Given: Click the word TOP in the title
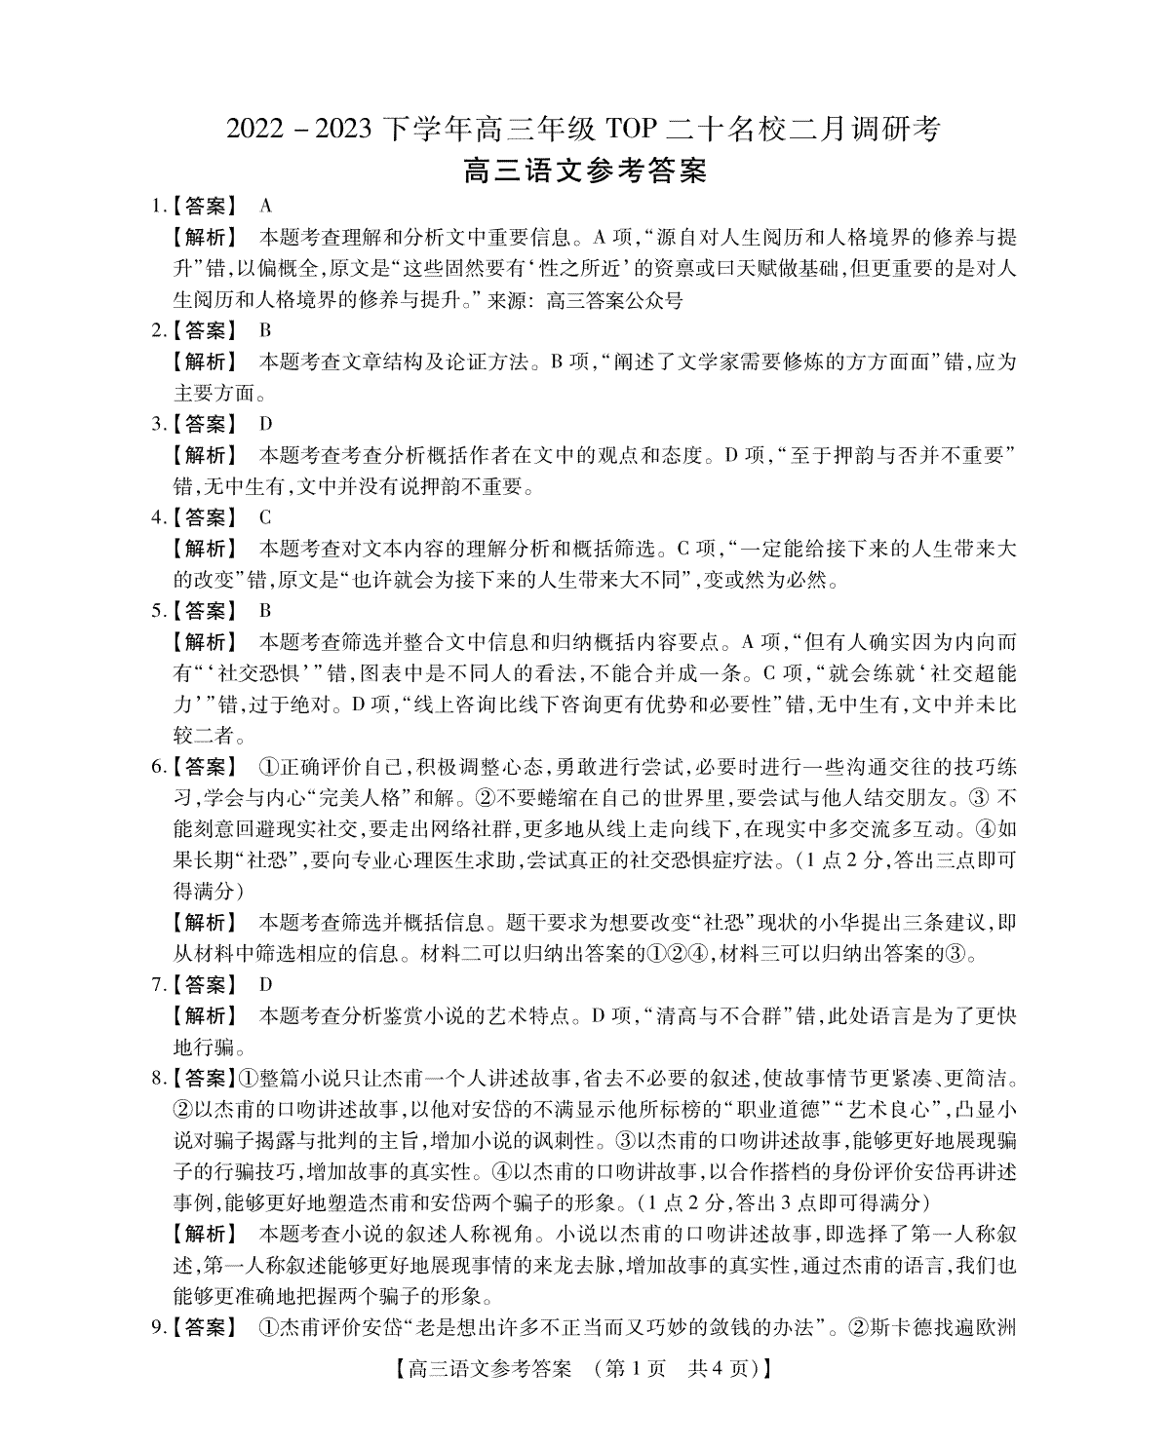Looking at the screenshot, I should pyautogui.click(x=633, y=129).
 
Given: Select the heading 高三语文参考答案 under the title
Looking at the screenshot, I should pyautogui.click(x=584, y=171).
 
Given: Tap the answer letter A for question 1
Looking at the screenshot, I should pyautogui.click(x=265, y=206).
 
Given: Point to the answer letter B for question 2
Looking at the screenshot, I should pyautogui.click(x=265, y=330).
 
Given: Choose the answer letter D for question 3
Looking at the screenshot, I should pyautogui.click(x=265, y=424).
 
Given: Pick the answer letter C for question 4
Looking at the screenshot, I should pyautogui.click(x=265, y=517).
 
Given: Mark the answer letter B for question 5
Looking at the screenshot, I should pyautogui.click(x=265, y=611).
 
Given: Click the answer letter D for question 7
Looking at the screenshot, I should pyautogui.click(x=265, y=985).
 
